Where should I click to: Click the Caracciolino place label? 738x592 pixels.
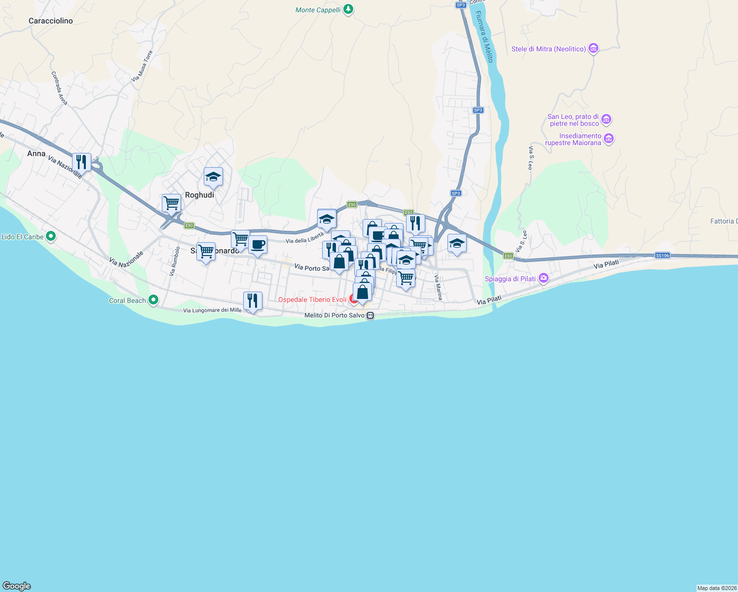[x=51, y=21]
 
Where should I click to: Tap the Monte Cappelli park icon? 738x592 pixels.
[x=348, y=9]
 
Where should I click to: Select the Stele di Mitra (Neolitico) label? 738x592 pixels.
[x=549, y=49]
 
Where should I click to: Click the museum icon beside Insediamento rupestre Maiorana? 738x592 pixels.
[x=609, y=139]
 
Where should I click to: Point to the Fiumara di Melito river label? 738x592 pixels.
[x=483, y=37]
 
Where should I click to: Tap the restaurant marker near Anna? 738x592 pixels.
[x=81, y=162]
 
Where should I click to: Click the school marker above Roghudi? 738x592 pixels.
[x=213, y=177]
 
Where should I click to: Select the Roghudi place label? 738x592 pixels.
[x=199, y=195]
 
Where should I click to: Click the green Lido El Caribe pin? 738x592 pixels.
[x=50, y=236]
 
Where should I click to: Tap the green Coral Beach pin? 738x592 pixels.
[x=153, y=299]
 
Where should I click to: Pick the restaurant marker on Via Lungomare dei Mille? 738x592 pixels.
[x=253, y=300]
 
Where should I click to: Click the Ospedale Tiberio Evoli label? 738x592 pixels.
[x=312, y=299]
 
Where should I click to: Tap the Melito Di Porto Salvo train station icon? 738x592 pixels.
[x=370, y=315]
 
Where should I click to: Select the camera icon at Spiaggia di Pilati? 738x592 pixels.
[x=544, y=278]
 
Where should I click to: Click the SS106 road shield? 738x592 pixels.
[x=663, y=255]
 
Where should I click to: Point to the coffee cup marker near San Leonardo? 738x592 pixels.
[x=258, y=244]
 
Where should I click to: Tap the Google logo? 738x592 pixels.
[x=16, y=586]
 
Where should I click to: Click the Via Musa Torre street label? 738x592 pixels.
[x=142, y=66]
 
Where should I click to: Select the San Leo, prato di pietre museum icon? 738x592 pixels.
[x=607, y=119]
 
